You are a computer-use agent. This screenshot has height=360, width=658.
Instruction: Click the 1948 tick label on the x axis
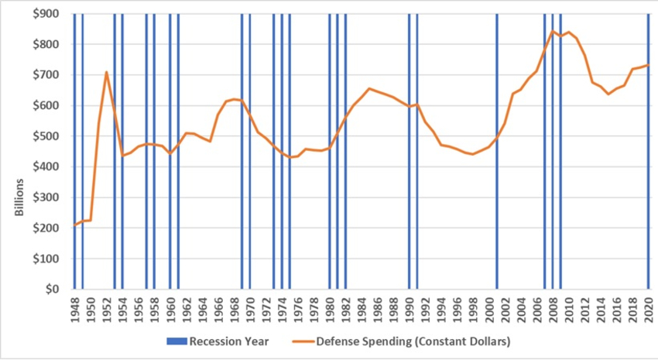[75, 307]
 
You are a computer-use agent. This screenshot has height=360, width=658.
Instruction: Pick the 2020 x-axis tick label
[649, 307]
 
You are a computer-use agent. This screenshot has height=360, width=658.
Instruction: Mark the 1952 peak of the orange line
[107, 72]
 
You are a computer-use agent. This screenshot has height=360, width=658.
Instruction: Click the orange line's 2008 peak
[553, 31]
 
